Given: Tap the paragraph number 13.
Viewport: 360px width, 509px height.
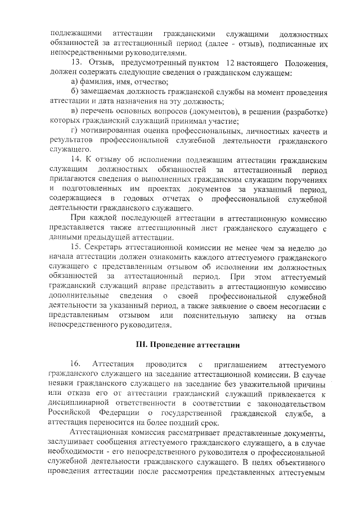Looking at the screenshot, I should point(77,62).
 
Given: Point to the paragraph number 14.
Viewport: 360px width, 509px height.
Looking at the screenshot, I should point(76,159).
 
